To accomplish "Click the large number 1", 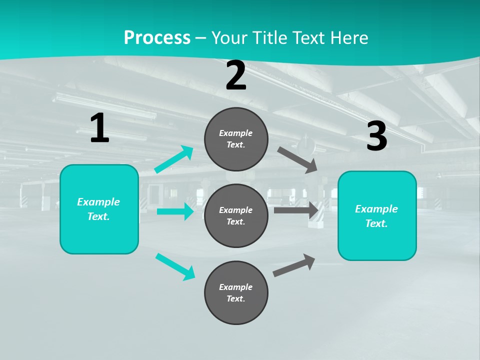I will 99,128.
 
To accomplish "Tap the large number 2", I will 236,75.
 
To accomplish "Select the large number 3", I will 377,136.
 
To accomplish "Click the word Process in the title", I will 157,37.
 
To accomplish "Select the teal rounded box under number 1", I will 99,209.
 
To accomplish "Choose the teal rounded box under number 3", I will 377,215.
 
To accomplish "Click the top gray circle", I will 236,139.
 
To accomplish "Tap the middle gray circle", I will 236,215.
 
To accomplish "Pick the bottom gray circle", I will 236,292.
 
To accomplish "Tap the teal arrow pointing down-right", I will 175,266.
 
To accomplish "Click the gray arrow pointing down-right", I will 297,159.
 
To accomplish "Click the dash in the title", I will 201,38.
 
